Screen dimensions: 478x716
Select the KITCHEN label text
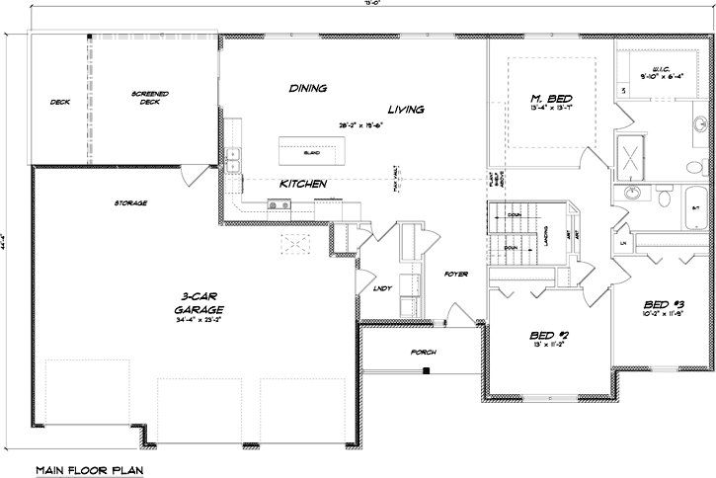click(x=303, y=184)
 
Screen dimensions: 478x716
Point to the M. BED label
click(x=550, y=99)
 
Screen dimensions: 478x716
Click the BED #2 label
click(x=548, y=336)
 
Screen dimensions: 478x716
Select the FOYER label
click(x=455, y=274)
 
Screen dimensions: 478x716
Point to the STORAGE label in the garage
click(x=130, y=202)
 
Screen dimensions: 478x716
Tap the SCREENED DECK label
click(x=150, y=97)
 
